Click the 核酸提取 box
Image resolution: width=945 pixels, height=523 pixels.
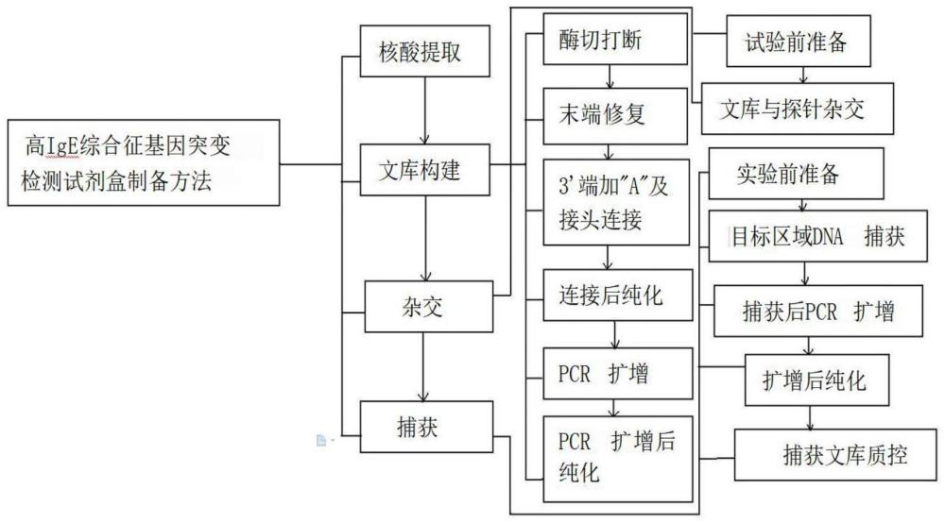point(426,53)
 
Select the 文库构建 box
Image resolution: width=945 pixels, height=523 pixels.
point(426,172)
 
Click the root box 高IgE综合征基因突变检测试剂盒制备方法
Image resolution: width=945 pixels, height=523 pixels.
point(142,162)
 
